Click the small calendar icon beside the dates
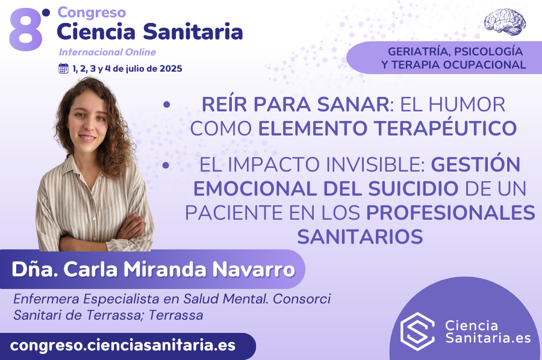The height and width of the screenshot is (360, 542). pos(63,68)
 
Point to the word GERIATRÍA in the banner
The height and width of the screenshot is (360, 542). pos(416,51)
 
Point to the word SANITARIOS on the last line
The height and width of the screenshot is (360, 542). pos(360,236)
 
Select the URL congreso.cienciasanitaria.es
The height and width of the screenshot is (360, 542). pos(123,346)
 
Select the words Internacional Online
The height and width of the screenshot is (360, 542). pos(107,52)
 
